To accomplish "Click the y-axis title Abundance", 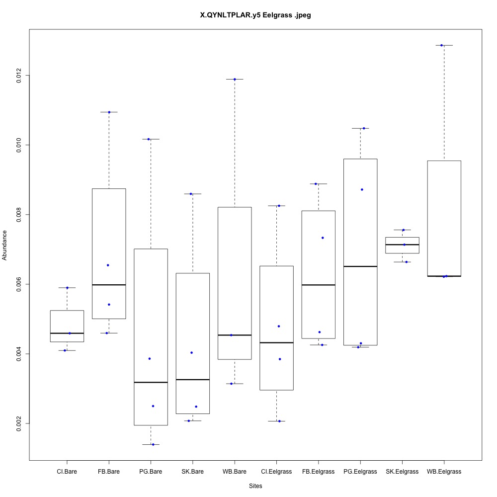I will [5, 245].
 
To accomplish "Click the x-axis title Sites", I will [255, 486].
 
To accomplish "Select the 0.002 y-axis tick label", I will [19, 423].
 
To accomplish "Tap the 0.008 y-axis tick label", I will [19, 215].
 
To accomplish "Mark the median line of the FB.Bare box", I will [108, 285].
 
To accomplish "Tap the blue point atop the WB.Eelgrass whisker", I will [441, 45].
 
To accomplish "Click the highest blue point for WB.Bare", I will [235, 79].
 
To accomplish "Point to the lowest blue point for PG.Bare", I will [153, 444].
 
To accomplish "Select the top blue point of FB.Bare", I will [109, 112].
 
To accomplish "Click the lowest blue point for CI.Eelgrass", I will [279, 421].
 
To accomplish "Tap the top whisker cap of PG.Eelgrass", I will [360, 128].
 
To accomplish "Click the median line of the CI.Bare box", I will [67, 333].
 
